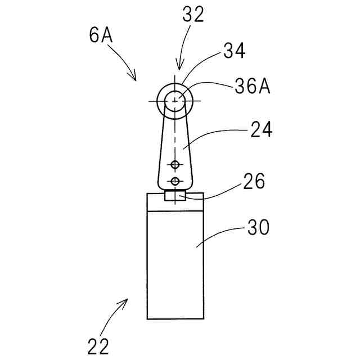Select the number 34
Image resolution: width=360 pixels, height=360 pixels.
point(235,52)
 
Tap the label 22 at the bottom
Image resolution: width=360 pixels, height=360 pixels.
point(98,345)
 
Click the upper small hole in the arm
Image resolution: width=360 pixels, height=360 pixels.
point(175,164)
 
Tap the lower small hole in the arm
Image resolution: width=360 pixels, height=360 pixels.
point(175,181)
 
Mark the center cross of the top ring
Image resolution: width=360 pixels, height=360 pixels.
point(176,101)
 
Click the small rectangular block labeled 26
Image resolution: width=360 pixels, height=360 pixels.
point(175,196)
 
